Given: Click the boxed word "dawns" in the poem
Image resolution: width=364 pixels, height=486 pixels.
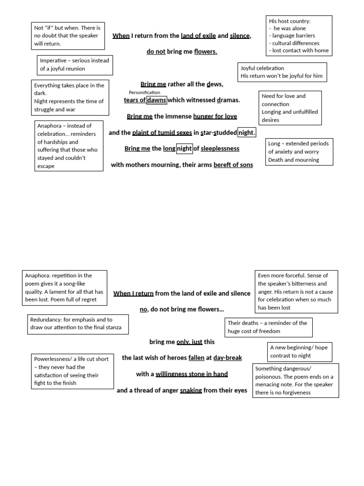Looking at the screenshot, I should [156, 100].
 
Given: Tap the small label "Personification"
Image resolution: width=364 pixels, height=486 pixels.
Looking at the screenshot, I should [145, 92].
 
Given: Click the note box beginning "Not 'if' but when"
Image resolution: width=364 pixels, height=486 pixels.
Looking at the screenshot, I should [67, 36].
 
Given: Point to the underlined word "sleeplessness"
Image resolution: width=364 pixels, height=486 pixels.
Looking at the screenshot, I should [220, 149].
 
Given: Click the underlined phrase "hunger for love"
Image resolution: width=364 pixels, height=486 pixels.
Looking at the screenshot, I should [215, 116].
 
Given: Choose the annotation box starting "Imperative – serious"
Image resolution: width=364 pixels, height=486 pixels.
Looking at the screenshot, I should [75, 65].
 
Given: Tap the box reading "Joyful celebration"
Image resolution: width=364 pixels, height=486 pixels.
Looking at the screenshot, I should [282, 72].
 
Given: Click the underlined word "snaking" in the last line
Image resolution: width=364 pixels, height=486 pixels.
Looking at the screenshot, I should [191, 390].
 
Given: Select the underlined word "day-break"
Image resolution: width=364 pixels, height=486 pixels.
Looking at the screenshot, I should [227, 358].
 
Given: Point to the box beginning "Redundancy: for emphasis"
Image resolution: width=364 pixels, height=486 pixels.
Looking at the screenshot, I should [78, 324].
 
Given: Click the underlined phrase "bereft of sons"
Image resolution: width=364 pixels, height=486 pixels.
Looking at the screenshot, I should [233, 165].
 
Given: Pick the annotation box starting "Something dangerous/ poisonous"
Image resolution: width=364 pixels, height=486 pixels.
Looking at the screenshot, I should [296, 381].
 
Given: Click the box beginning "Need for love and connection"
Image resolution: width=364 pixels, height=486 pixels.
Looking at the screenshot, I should [290, 108].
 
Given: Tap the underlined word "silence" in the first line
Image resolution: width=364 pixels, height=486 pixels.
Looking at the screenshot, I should [239, 36].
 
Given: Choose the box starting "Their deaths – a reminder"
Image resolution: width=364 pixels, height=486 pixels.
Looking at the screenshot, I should [268, 327].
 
